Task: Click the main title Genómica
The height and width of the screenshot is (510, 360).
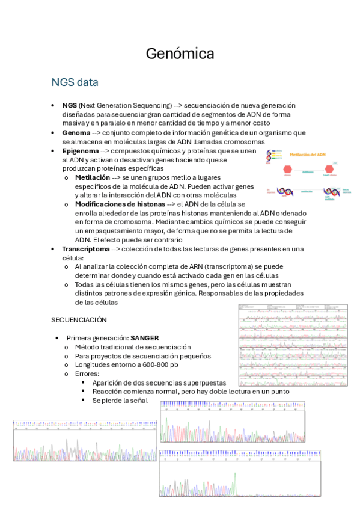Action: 180,54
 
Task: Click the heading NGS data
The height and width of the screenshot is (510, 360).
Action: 75,82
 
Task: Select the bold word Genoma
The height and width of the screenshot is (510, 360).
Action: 76,132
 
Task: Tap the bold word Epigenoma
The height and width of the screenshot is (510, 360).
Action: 80,151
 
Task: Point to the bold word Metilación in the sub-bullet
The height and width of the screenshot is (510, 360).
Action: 92,178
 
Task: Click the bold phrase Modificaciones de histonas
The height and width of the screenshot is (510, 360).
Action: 120,204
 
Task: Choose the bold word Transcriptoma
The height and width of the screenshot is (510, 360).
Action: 86,248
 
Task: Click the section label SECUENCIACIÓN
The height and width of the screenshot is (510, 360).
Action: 79,320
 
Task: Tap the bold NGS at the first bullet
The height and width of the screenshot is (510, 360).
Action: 69,105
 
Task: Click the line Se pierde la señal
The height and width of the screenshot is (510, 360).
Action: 120,400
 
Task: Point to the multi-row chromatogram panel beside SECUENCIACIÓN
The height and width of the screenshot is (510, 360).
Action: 293,344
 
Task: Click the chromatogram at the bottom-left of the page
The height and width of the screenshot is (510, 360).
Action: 84,441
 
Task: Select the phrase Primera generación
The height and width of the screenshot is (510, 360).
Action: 96,338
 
